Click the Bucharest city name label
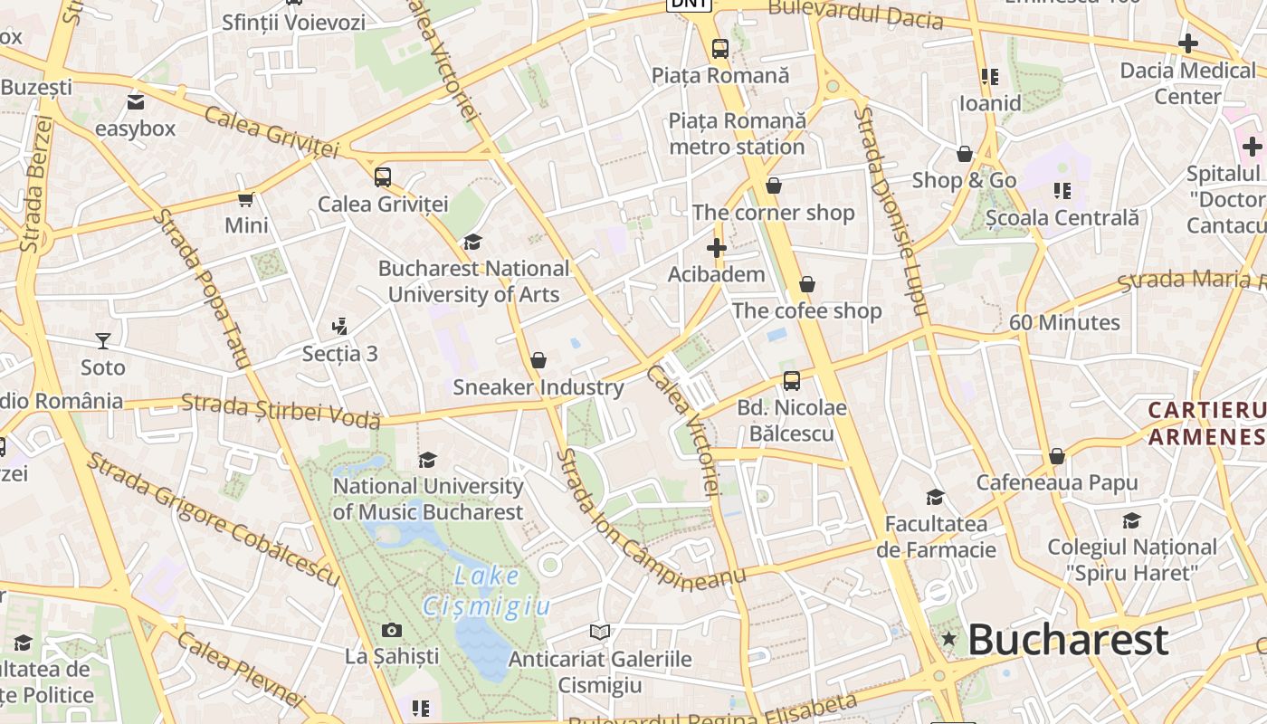click(x=1068, y=640)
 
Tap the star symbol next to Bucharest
click(x=948, y=639)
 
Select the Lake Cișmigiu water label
click(x=486, y=590)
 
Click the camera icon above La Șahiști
click(x=392, y=630)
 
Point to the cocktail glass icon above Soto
click(x=103, y=341)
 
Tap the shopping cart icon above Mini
click(x=245, y=199)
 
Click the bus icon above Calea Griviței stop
click(x=383, y=176)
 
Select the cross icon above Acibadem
click(x=717, y=247)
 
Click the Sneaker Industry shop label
click(x=538, y=387)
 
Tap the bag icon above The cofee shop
click(x=807, y=284)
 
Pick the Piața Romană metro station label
click(x=737, y=133)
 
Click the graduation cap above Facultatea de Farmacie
click(x=935, y=497)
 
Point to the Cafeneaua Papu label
click(x=1056, y=482)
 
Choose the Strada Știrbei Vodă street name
click(x=281, y=410)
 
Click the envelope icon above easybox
click(x=136, y=102)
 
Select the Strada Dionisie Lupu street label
click(x=891, y=212)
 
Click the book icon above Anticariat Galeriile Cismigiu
click(x=599, y=632)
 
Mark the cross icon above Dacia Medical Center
click(x=1188, y=43)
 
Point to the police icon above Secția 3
click(x=340, y=326)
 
